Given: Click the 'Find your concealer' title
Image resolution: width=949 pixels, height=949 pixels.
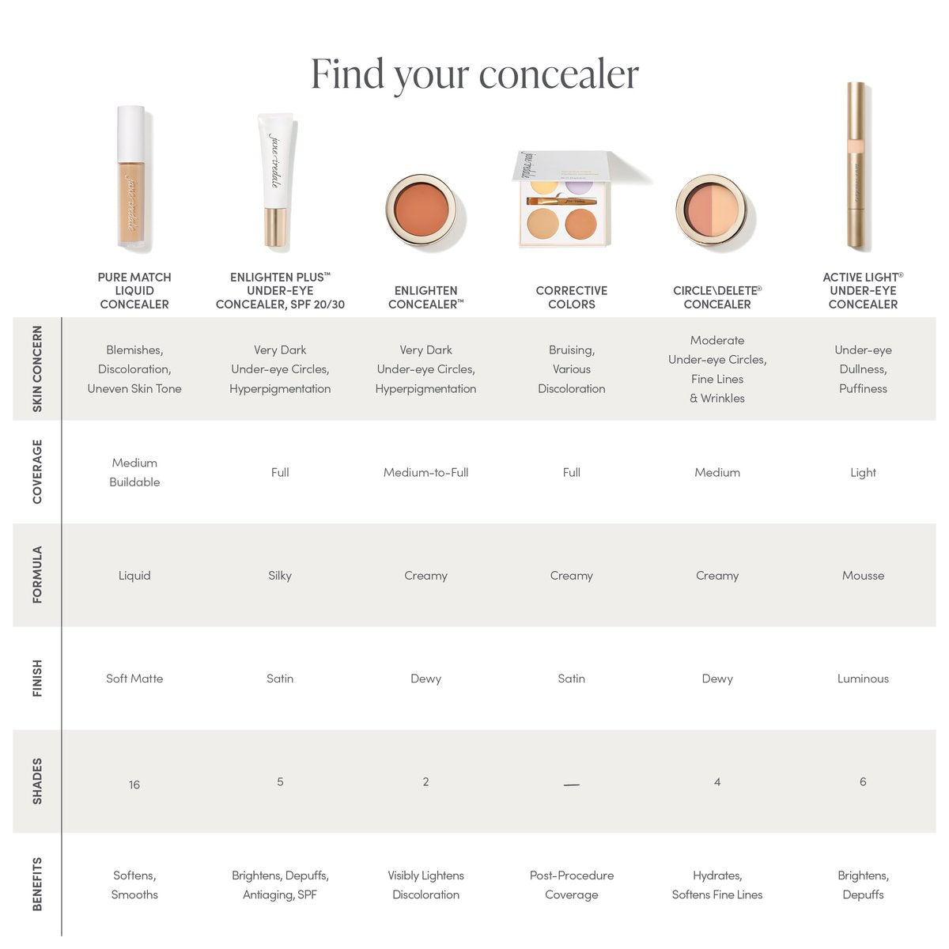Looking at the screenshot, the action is tap(475, 75).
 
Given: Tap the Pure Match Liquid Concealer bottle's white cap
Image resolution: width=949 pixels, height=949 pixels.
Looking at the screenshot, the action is tap(130, 134).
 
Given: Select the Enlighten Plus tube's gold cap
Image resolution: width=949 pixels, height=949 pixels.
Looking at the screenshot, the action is tap(275, 227).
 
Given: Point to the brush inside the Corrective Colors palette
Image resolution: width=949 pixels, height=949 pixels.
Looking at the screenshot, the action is tap(561, 200).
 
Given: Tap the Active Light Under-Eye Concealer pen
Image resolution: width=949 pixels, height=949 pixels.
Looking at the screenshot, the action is tap(856, 166).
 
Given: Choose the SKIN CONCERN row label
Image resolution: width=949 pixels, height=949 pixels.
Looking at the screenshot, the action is tap(37, 369).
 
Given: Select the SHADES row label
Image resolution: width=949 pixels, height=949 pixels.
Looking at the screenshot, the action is tap(37, 781).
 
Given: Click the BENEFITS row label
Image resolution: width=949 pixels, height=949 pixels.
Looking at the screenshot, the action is tap(37, 884).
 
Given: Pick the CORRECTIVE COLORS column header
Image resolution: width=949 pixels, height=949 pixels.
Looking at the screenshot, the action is tap(571, 297).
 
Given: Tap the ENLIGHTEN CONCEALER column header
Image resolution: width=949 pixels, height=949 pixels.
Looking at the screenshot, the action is tap(426, 297).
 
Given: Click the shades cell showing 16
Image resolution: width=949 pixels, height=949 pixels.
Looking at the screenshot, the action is tap(134, 785).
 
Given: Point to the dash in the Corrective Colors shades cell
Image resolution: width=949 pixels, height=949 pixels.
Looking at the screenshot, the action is tap(571, 785).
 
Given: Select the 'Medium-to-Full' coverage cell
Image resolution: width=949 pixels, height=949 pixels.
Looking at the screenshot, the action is tap(426, 472).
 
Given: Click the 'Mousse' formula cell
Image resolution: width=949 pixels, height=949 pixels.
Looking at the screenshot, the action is tap(863, 575).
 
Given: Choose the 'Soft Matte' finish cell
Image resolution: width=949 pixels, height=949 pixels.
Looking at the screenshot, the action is tap(134, 678).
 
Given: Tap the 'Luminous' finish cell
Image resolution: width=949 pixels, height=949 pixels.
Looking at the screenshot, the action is tap(863, 678).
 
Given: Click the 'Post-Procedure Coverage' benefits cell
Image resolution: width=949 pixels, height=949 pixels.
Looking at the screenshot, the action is tap(571, 884).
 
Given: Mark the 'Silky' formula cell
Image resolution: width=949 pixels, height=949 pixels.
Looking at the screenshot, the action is tap(280, 576).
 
